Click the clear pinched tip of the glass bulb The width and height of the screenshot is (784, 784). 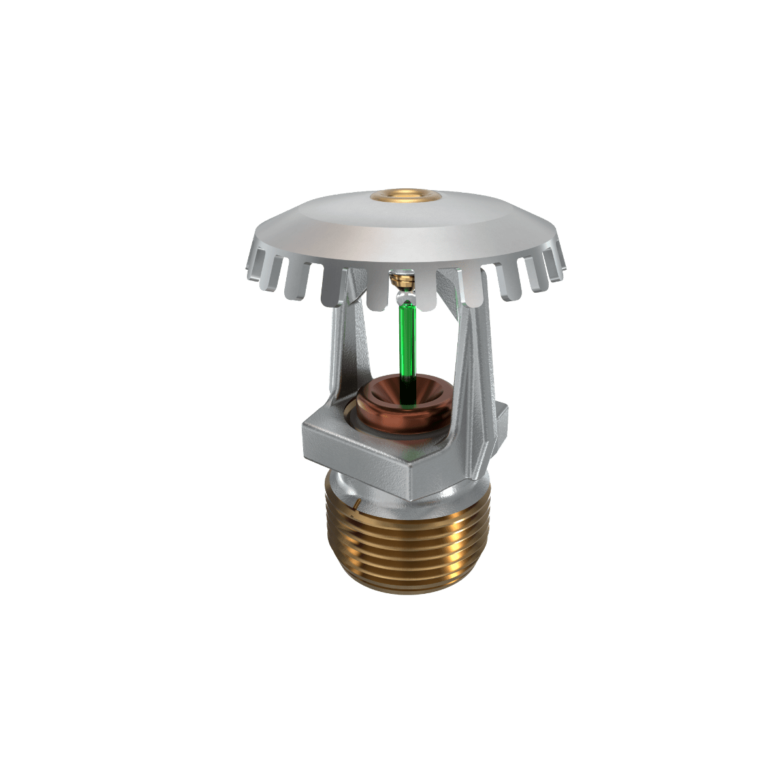[403, 299]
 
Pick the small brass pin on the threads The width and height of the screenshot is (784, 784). [357, 504]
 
